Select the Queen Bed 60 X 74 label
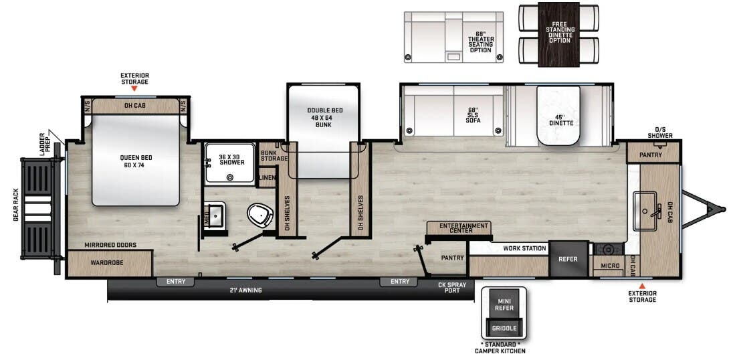pos(135,161)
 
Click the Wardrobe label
pos(107,263)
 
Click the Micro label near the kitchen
pos(609,266)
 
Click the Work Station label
pos(525,248)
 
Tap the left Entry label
pos(175,282)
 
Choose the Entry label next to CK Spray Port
pos(399,282)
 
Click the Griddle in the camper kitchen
pos(504,328)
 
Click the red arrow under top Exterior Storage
pos(134,88)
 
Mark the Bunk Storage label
pos(274,155)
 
